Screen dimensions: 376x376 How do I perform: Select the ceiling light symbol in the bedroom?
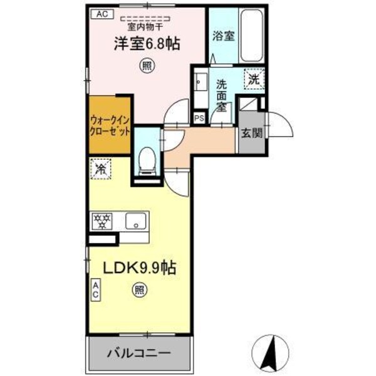point(146,65)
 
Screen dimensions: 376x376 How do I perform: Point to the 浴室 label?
point(224,36)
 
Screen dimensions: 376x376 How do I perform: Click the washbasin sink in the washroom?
point(201,83)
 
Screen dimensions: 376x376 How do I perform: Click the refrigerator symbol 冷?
point(101,169)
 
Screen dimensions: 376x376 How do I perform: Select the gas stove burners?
point(102,221)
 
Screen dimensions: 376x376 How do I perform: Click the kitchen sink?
point(135,221)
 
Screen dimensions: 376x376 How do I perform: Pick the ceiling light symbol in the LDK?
point(139,290)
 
